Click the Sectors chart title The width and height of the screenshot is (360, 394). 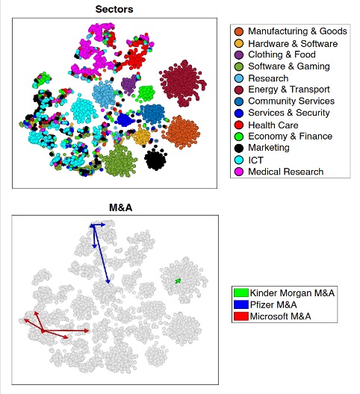tap(114, 9)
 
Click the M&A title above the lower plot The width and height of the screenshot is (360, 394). tap(120, 207)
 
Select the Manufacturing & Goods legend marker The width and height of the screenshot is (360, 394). tap(238, 31)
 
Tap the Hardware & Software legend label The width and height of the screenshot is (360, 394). tap(293, 44)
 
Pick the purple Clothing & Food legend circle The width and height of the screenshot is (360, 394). tap(238, 54)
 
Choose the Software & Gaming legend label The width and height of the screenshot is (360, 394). tap(289, 66)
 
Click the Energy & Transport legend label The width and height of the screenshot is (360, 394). tap(289, 90)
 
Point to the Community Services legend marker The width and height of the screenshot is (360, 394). tap(238, 101)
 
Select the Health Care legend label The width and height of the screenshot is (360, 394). tap(273, 125)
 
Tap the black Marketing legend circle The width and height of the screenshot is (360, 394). tap(238, 148)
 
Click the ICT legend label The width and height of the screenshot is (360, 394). tap(255, 160)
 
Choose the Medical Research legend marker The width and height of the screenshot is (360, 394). tap(238, 172)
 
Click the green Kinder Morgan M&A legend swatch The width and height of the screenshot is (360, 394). tap(241, 293)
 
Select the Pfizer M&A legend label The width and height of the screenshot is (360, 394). tap(273, 304)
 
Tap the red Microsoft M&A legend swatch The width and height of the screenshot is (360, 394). tap(241, 316)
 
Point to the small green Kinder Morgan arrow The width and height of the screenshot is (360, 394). tap(178, 281)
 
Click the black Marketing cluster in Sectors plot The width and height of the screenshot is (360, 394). tap(155, 159)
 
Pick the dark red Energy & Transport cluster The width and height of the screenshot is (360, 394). tap(183, 82)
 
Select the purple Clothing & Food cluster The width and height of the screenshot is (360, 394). tap(129, 84)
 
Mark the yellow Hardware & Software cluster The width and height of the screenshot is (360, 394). tap(142, 137)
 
